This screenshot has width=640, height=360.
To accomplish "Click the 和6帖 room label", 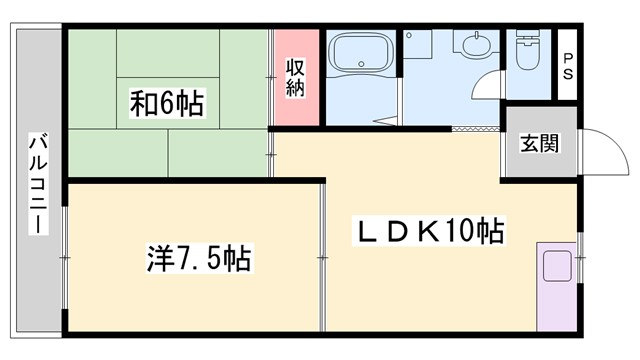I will [167, 101].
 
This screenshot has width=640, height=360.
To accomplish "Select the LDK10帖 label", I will [431, 233].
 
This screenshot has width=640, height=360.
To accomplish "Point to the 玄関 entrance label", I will [539, 143].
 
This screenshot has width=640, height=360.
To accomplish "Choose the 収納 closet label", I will [296, 78].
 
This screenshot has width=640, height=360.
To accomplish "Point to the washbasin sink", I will [472, 46].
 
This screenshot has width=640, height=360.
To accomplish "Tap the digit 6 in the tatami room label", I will [164, 101].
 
